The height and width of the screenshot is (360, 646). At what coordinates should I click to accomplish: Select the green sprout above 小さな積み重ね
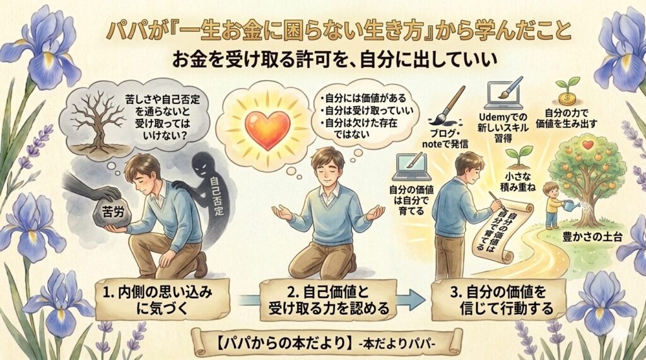(x=519, y=154)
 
